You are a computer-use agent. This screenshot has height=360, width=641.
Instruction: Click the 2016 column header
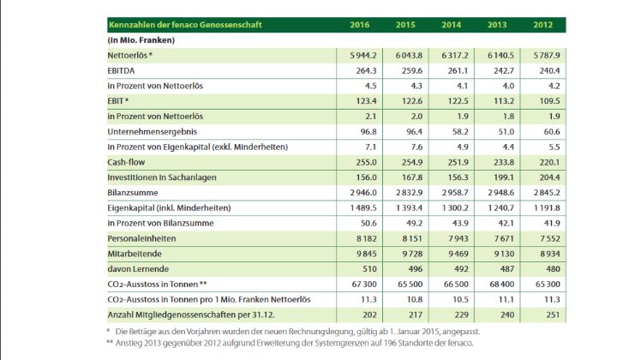[x=360, y=24]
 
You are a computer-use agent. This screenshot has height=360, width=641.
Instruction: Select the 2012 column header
[x=542, y=24]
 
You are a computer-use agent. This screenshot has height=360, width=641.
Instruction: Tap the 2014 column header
[x=451, y=24]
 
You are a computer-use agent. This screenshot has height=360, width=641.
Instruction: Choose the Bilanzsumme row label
[x=131, y=191]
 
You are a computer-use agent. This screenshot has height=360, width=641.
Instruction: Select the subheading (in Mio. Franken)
[x=141, y=39]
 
